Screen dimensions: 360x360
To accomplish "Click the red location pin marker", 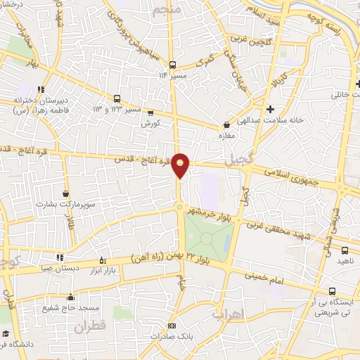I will (181, 165).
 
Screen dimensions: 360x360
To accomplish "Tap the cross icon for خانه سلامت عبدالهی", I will (270, 108).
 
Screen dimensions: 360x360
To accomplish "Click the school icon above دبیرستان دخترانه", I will (41, 89).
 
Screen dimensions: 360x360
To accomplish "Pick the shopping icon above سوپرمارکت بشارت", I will (65, 193).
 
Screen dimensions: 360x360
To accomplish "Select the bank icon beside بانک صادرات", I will (172, 326).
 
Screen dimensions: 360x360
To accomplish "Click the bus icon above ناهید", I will (345, 250).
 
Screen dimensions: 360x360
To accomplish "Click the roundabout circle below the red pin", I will (180, 207).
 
